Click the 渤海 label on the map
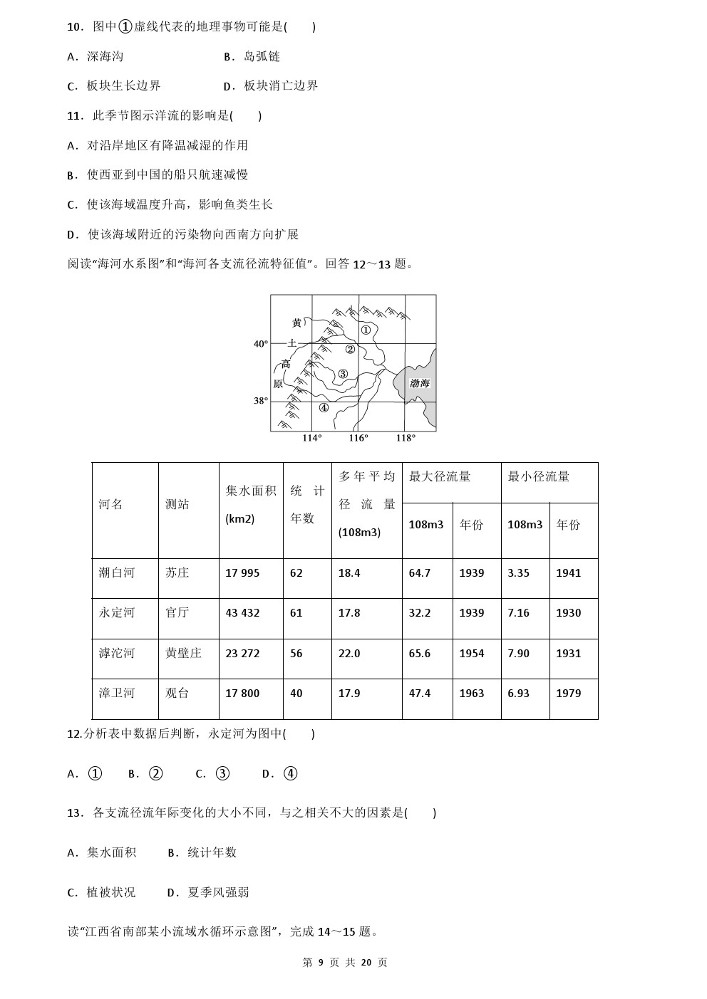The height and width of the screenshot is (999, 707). point(419,383)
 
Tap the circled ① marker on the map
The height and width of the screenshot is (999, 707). point(366,330)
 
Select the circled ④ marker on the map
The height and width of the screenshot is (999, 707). point(324,408)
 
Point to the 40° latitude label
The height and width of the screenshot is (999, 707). point(261,344)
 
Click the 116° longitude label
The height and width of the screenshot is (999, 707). point(358,438)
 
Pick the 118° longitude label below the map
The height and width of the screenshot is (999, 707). point(406,438)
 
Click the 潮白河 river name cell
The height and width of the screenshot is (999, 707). point(117,572)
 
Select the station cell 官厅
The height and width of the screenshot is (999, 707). point(177,612)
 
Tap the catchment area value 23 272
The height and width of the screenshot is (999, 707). point(242,653)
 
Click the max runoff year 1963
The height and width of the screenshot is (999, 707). point(471,693)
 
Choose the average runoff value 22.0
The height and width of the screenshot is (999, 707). point(349,653)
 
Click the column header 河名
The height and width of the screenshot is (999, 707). point(111,504)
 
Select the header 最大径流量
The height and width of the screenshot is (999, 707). point(440,476)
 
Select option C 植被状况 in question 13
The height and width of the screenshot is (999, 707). point(110,892)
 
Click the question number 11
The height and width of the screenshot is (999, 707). point(75,115)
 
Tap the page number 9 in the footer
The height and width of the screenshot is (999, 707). point(321,963)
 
